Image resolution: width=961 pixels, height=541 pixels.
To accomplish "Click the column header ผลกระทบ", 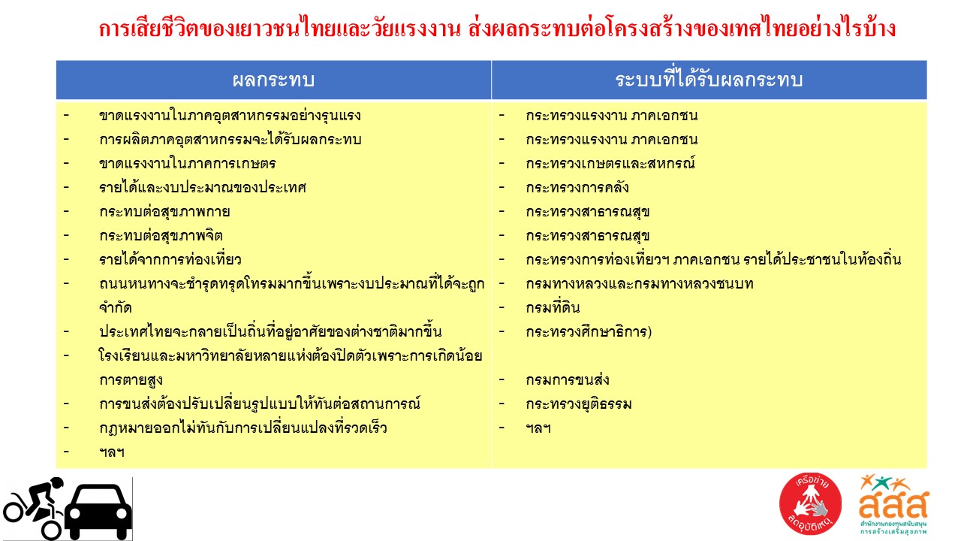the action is pos(273,80).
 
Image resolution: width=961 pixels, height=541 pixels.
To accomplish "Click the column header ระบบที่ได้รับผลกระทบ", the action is pos(709,79).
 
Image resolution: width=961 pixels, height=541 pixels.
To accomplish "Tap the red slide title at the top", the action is pos(497,28).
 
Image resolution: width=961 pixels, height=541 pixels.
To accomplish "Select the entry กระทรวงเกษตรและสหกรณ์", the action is pos(610,164).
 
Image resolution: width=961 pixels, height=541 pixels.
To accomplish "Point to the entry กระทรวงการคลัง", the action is pos(577,188).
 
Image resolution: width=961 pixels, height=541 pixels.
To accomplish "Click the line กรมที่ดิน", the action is pos(553,307).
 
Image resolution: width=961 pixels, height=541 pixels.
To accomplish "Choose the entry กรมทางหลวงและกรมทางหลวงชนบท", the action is pos(639,284).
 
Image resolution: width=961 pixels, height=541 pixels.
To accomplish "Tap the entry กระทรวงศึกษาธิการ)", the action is pos(589,332).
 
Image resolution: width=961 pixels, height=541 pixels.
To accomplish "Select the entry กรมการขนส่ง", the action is pos(567,380).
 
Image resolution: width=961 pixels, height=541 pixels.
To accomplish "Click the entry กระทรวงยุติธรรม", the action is pos(578,404).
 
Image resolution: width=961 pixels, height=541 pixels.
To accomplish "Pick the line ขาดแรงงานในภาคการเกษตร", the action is pos(187,164).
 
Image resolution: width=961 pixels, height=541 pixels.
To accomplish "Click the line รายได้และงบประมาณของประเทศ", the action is pos(203,188).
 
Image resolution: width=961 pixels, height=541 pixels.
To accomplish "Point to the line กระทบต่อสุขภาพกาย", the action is pos(164,212).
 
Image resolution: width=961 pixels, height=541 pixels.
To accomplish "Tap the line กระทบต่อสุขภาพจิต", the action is pos(161,236).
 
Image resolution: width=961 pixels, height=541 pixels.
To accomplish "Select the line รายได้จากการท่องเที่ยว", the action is pos(170,260).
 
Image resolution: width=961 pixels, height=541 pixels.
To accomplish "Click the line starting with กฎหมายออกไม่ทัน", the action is pos(243,428).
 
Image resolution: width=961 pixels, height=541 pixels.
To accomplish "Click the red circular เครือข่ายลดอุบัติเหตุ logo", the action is pos(810,504).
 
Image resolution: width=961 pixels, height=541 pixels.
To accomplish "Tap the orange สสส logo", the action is pos(893,504).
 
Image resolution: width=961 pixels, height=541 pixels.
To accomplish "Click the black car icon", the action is pos(98,512).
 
